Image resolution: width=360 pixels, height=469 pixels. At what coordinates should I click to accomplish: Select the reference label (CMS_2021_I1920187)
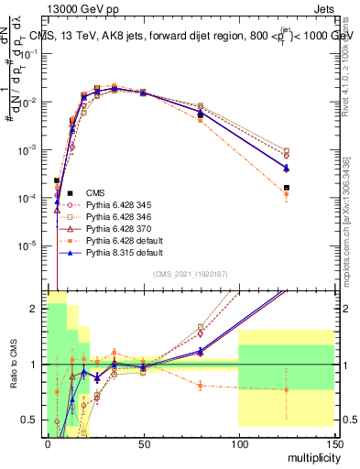coord(191,274)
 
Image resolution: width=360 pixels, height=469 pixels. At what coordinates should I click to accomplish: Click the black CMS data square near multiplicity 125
coord(287,188)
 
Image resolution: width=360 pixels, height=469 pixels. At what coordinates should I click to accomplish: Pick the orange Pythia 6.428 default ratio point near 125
coord(287,389)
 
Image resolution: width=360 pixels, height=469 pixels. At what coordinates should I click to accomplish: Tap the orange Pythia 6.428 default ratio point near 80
coord(201,386)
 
